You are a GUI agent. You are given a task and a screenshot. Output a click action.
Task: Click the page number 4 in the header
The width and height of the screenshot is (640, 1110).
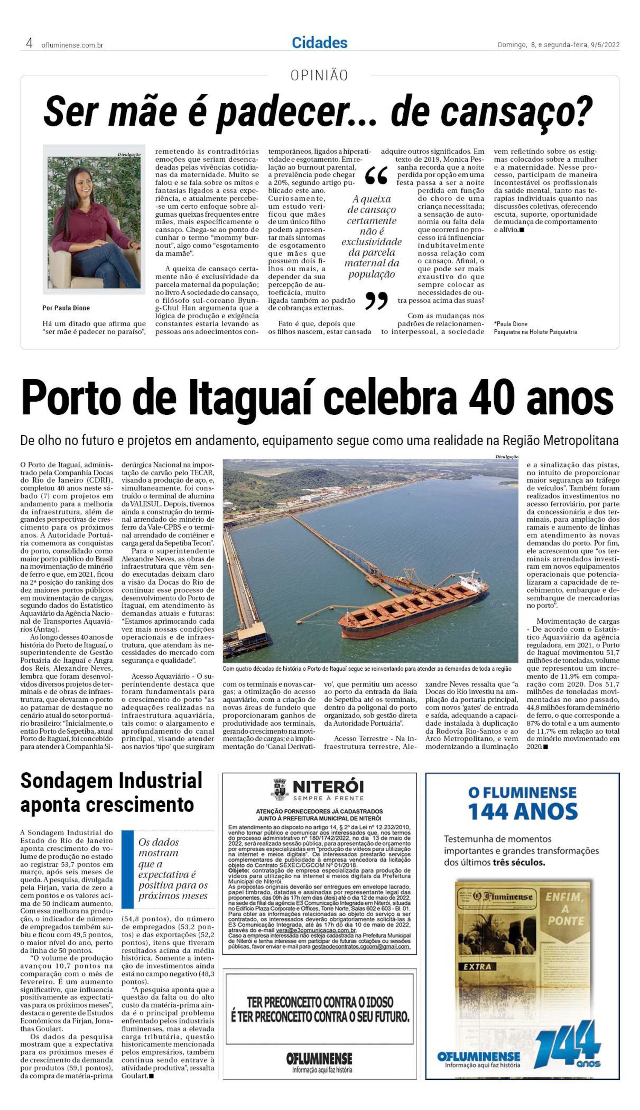pyautogui.click(x=29, y=43)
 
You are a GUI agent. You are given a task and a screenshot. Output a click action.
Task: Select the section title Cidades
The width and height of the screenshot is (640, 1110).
pyautogui.click(x=319, y=43)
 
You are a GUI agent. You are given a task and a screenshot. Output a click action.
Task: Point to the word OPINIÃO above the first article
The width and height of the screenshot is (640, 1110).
pyautogui.click(x=319, y=75)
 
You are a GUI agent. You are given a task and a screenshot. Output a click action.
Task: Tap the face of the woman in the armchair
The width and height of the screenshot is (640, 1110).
pyautogui.click(x=82, y=181)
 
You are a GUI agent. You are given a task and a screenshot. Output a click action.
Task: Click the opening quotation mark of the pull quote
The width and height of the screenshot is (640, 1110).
pyautogui.click(x=376, y=175)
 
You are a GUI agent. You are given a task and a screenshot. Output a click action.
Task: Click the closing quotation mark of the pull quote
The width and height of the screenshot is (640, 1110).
pyautogui.click(x=376, y=301)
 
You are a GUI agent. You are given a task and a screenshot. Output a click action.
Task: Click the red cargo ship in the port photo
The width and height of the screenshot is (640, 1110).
pyautogui.click(x=413, y=607)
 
